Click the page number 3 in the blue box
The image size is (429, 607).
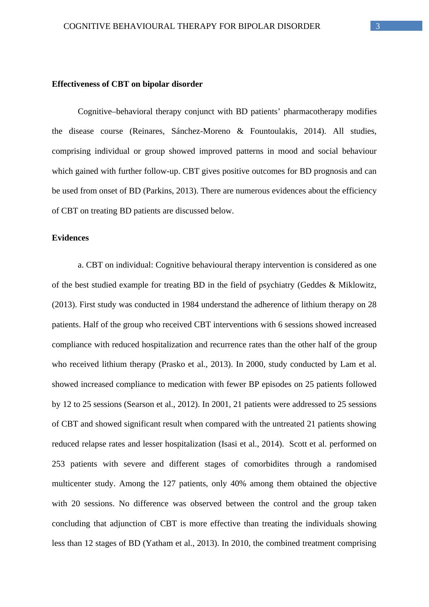tap(378, 26)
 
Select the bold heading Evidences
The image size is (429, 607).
tap(70, 238)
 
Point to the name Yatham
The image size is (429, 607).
tap(158, 543)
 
